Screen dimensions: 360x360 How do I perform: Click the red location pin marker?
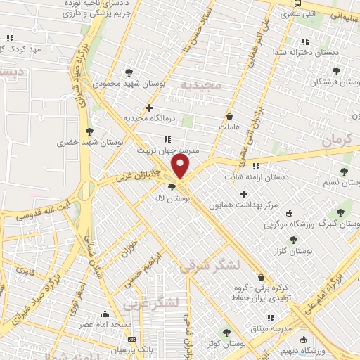(181, 167)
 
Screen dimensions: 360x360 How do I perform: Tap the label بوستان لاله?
(175, 200)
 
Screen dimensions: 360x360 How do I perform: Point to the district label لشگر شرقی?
(209, 266)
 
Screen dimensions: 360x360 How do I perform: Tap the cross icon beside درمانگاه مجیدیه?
(149, 108)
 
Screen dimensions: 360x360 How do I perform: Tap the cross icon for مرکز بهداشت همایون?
(243, 194)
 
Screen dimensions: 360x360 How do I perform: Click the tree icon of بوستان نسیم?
(343, 171)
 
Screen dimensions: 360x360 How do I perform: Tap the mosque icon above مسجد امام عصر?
(105, 314)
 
